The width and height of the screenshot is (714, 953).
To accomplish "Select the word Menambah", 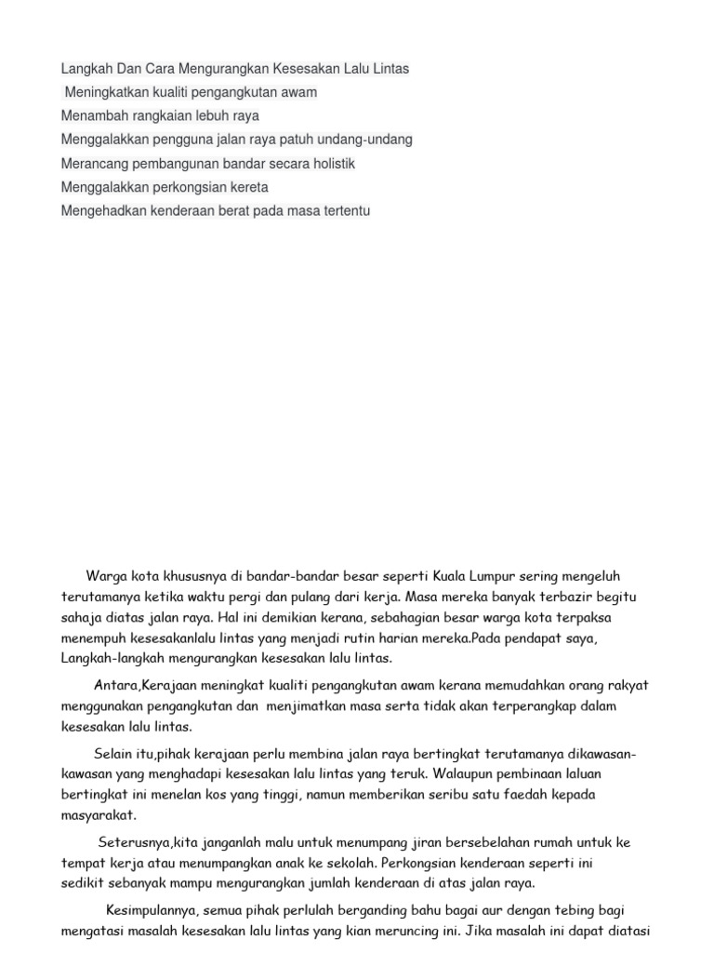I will [89, 116].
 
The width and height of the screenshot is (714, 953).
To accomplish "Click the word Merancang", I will [91, 164].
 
